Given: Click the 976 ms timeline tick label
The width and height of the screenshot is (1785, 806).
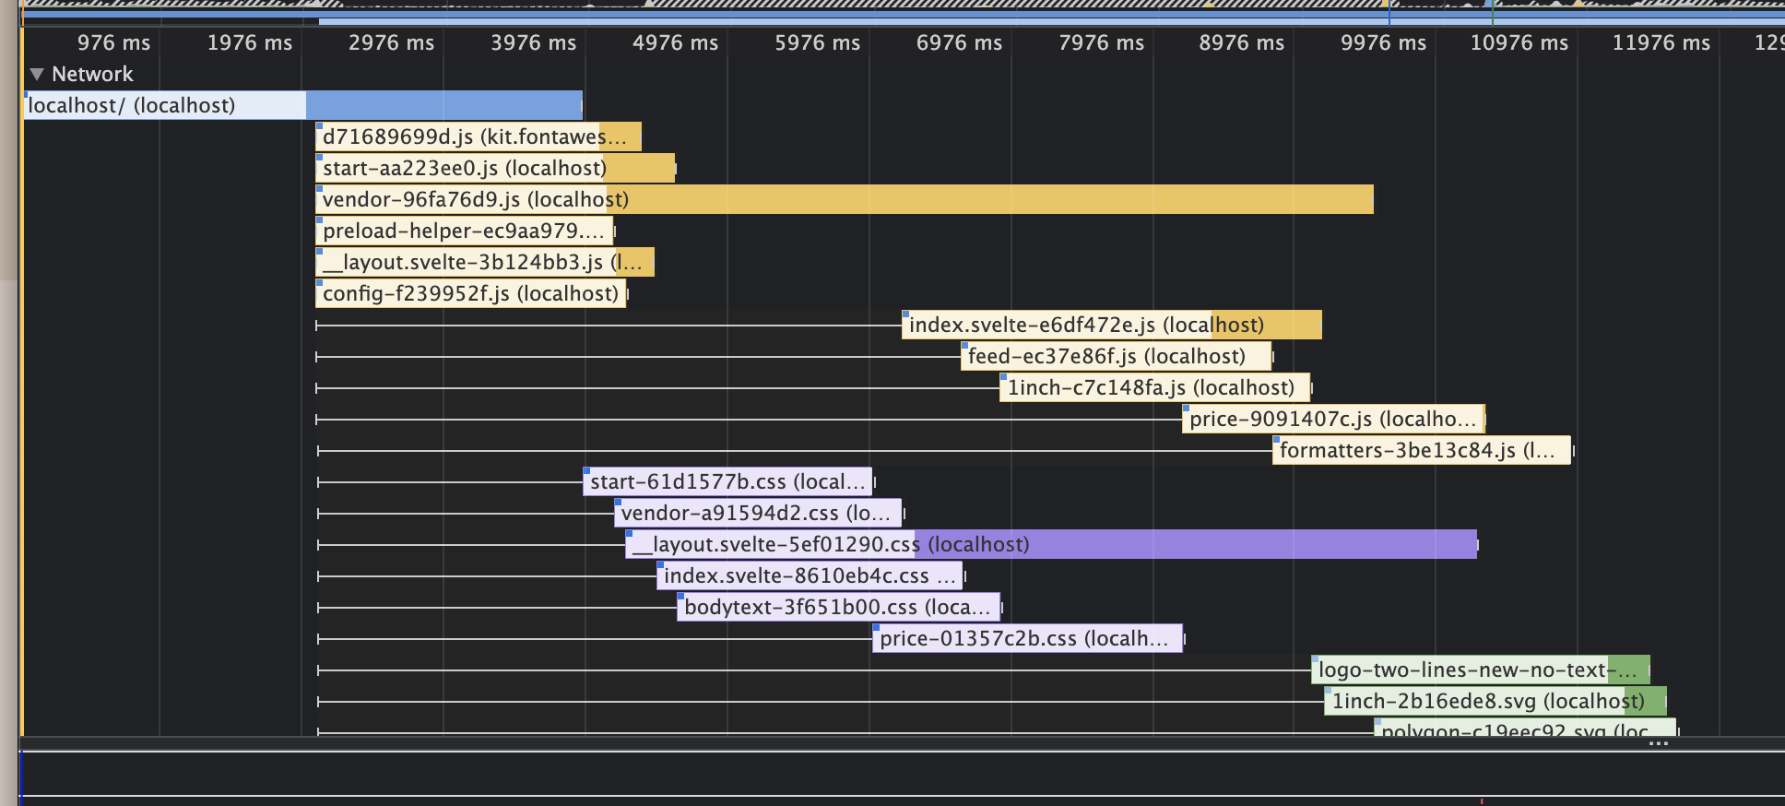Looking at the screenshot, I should point(113,42).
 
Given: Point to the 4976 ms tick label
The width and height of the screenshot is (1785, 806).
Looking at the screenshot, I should point(675,42).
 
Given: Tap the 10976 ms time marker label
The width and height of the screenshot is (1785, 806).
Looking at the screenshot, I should point(1519,42).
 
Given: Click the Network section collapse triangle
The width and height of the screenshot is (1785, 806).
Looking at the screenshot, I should point(37,74).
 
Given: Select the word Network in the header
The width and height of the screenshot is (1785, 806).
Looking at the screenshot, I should point(92,74).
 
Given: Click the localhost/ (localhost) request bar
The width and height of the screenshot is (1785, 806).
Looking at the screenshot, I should point(304,105).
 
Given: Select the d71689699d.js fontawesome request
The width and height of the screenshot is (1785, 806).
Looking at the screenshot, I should point(478,136).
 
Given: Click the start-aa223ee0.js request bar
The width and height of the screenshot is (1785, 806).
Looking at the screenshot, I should point(494,168).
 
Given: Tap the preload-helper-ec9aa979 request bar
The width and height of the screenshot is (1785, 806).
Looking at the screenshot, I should point(465,231).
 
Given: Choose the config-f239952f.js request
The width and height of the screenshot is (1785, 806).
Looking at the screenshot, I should point(470,293).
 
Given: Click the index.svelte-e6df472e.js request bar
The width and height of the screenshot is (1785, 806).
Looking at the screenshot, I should point(1111,325).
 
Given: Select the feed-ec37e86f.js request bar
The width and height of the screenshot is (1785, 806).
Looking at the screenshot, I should point(1116,356).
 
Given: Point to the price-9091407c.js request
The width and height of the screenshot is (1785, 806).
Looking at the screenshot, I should point(1332,419).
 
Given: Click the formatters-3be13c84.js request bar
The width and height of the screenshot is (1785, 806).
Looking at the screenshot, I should point(1420,450).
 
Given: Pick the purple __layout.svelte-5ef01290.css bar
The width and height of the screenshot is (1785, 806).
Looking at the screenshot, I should point(1051,544).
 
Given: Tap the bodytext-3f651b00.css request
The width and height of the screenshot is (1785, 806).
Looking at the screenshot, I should point(837,607).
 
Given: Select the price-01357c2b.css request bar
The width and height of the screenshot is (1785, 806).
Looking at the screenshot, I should point(1026,638).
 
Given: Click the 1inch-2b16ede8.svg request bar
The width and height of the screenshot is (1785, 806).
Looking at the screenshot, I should point(1494,701).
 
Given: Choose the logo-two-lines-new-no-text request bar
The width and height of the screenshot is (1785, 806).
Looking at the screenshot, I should point(1479,670).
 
